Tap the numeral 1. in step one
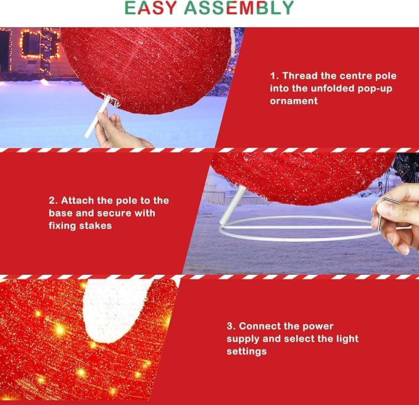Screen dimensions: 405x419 click(273, 76)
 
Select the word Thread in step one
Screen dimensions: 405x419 click(301, 76)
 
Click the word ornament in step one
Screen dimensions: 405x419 click(293, 101)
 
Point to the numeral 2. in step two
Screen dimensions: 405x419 click(52, 201)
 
